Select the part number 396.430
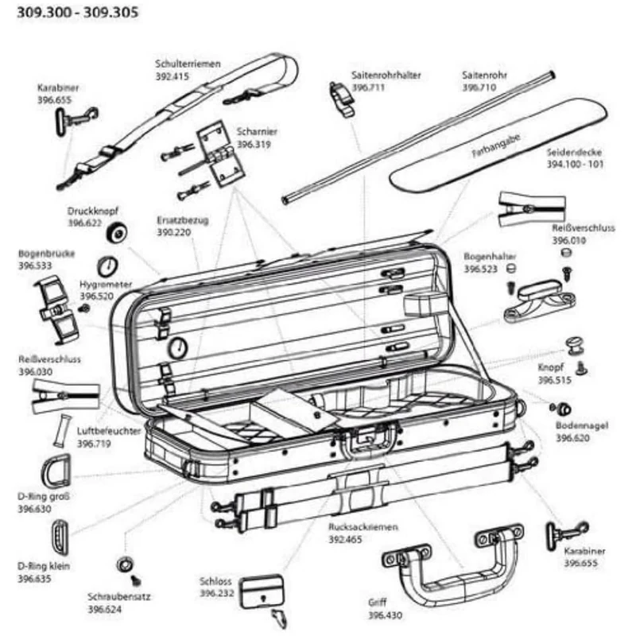click(x=385, y=615)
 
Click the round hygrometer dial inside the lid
click(x=178, y=347)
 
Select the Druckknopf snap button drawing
click(x=119, y=232)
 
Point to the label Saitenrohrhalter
click(x=386, y=76)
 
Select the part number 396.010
click(x=569, y=239)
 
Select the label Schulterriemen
click(x=188, y=63)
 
